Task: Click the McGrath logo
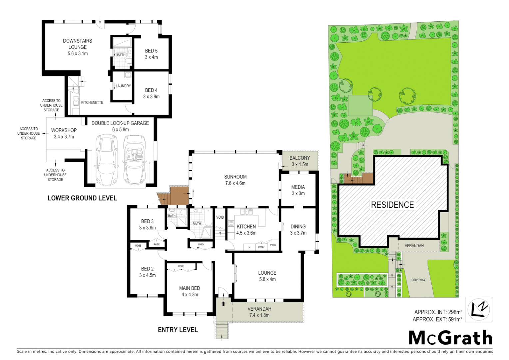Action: pos(450,338)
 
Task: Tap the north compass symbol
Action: pos(478,310)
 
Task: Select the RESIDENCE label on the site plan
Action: pos(392,205)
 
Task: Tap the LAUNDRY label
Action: pos(123,86)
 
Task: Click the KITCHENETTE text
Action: pos(92,102)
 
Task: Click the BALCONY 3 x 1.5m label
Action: pos(299,161)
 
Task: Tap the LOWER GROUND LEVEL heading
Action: pos(82,198)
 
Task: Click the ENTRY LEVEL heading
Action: pos(178,330)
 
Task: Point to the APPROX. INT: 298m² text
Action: pos(438,312)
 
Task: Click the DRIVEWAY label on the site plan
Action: pos(418,280)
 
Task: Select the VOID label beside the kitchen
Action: pos(220,217)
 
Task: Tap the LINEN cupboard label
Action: pos(201,245)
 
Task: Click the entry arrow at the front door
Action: pos(223,304)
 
